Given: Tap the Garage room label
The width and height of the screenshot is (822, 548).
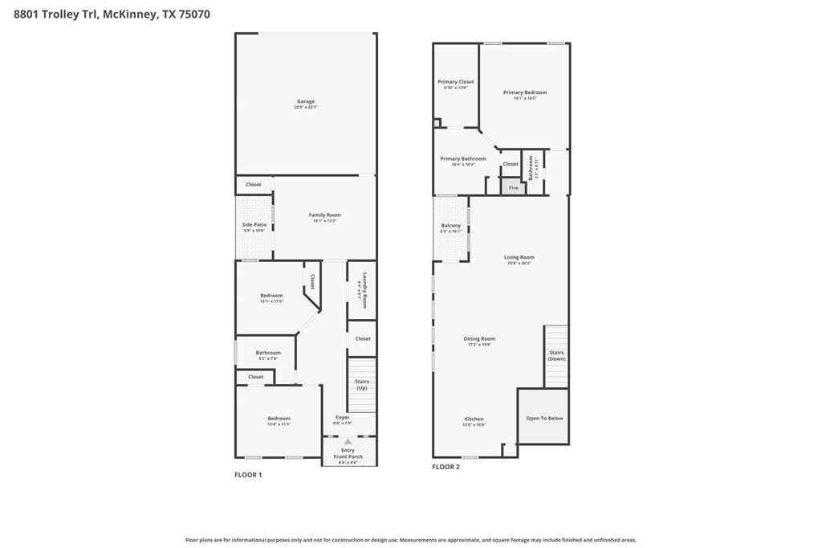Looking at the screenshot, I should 306,102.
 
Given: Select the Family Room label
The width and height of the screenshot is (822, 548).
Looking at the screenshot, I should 325,215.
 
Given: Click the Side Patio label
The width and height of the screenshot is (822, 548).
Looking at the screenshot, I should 254,226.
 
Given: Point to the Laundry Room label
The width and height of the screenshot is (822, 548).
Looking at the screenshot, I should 364,291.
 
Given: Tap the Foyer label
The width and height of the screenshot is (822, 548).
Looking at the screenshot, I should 343,418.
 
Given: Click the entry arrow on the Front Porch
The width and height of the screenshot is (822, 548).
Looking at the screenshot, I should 348,441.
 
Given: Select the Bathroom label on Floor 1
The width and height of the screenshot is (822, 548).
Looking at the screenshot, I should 268,354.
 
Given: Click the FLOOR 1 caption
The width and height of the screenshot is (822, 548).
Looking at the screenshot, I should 248,475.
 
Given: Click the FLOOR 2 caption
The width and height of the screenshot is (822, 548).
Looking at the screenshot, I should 446,467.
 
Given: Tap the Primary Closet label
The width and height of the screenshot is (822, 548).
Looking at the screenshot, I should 455,83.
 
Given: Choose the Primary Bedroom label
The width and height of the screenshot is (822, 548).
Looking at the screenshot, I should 525,93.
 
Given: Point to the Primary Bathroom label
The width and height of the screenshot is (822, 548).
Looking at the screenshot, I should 463,159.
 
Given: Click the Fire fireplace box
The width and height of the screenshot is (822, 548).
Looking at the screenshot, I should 514,187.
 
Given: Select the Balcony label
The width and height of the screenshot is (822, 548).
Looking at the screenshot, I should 451,227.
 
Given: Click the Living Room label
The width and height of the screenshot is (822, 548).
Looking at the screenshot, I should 519,258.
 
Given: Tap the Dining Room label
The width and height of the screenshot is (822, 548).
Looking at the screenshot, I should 479,339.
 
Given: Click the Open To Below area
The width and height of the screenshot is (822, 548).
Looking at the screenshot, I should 544,418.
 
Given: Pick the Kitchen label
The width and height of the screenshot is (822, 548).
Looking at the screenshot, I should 474,419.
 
